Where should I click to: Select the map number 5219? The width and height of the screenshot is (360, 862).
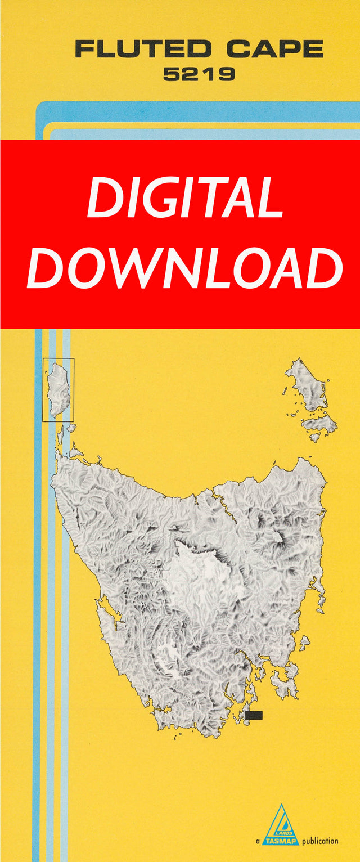coord(199,74)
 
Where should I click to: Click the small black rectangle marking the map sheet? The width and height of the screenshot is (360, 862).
coord(254,715)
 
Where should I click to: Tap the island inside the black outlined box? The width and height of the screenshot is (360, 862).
coord(58,389)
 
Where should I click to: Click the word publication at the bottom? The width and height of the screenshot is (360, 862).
coord(320,842)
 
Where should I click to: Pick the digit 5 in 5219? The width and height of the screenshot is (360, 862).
coord(171,74)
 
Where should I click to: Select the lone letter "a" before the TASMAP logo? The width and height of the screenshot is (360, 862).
coord(258,842)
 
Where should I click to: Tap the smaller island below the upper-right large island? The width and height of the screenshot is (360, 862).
coord(321,425)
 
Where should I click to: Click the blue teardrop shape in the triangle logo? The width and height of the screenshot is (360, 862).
coord(283,819)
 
